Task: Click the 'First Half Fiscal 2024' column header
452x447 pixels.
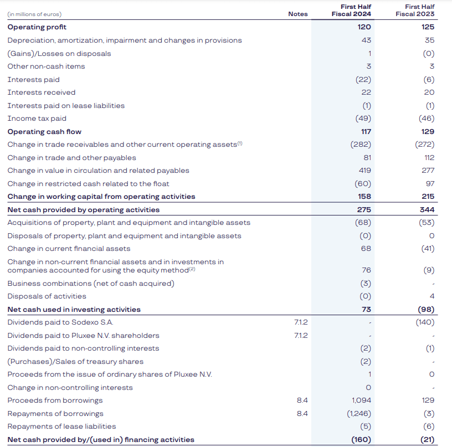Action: tap(351, 10)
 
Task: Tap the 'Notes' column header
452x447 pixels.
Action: tap(298, 14)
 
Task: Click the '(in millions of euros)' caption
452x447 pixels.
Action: tap(34, 14)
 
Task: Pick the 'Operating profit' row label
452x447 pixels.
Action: tap(37, 27)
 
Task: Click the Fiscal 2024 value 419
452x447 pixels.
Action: tap(364, 171)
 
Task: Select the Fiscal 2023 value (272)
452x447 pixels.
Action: tap(425, 145)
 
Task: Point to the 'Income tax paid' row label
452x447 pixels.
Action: tap(37, 119)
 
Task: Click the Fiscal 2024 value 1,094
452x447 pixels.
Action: tap(362, 400)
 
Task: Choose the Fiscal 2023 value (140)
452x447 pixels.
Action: tap(425, 322)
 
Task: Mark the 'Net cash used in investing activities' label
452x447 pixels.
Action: tap(74, 309)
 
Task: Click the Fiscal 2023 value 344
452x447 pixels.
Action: tap(427, 210)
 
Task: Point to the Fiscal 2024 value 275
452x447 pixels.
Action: tap(364, 210)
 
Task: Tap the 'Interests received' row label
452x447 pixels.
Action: tap(41, 93)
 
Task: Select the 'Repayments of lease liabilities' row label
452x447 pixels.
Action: tap(61, 427)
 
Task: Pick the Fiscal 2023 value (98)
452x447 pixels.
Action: tap(426, 309)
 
